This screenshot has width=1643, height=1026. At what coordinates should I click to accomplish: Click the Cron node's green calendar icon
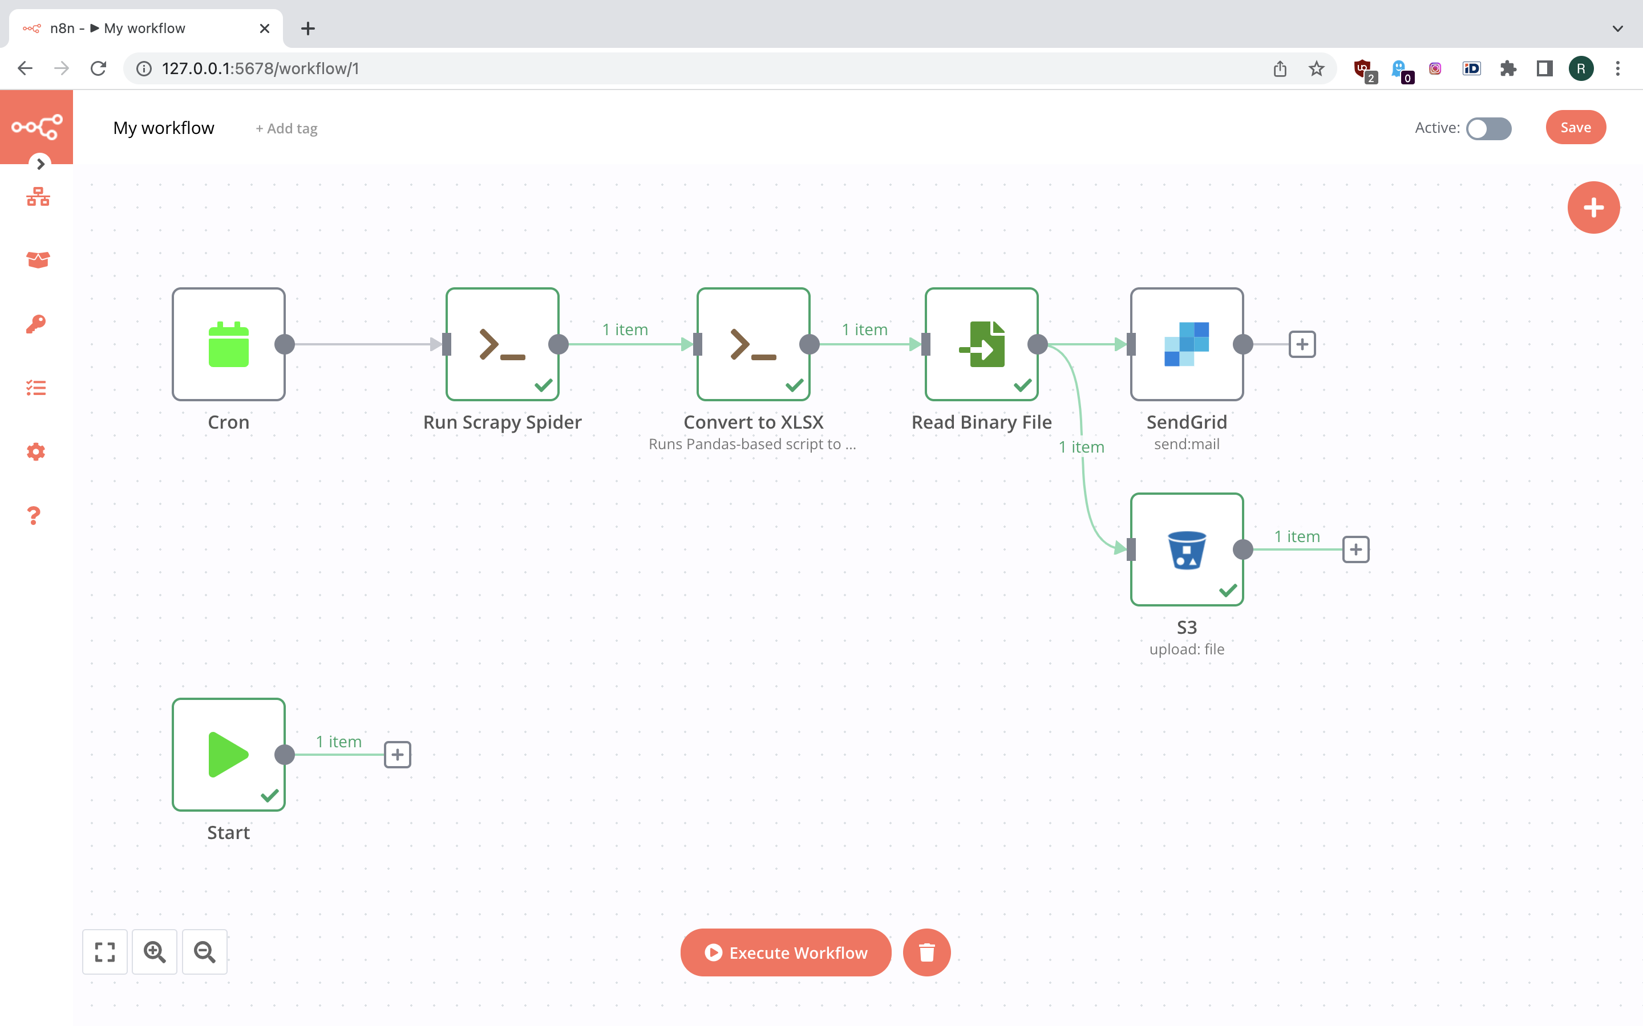pos(228,344)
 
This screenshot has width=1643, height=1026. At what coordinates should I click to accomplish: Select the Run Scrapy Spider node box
pos(503,344)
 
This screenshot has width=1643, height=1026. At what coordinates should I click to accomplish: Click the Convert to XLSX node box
pos(753,344)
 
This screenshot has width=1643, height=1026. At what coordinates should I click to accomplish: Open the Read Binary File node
pos(981,344)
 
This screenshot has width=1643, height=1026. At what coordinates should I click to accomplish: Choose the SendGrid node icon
pos(1187,344)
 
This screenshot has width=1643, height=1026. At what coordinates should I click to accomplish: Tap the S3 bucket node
pos(1187,549)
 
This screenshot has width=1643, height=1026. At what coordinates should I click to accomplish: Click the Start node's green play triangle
pos(228,754)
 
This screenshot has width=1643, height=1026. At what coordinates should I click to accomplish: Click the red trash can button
pos(926,952)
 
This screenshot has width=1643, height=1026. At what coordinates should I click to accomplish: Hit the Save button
pos(1575,128)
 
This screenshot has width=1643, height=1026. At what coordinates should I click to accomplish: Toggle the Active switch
pos(1488,128)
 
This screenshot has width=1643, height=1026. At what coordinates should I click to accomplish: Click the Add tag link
pos(286,128)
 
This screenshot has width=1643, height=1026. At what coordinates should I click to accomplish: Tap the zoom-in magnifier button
pos(155,952)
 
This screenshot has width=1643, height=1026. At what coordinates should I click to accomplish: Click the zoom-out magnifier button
pos(204,952)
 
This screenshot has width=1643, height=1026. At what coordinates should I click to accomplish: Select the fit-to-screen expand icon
pos(105,952)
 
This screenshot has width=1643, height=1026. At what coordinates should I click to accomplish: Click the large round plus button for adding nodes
pos(1593,207)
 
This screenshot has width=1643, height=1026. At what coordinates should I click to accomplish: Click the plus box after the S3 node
pos(1356,549)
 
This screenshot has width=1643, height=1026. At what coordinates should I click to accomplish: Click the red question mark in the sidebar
pos(34,516)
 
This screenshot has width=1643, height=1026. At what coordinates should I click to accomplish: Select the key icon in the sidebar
pos(36,324)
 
